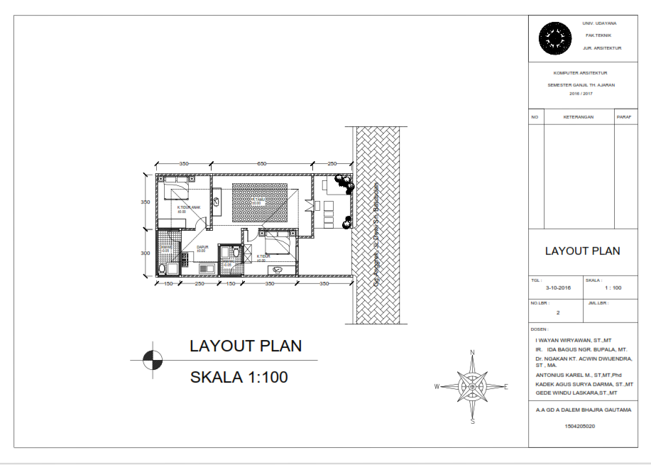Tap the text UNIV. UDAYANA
[601, 23]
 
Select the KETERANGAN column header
[578, 116]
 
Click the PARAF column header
[624, 116]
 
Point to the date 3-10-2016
[558, 288]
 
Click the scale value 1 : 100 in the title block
[613, 288]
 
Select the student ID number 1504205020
[580, 427]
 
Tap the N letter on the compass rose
[472, 352]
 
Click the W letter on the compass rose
[437, 387]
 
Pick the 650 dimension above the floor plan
[261, 164]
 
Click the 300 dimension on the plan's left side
[145, 253]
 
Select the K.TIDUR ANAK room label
[190, 207]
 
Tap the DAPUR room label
[202, 248]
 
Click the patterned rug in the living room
[260, 203]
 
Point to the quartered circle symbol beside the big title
[151, 361]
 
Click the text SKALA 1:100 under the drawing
[239, 378]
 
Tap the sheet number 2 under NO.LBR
[558, 312]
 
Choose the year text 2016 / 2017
[580, 93]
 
